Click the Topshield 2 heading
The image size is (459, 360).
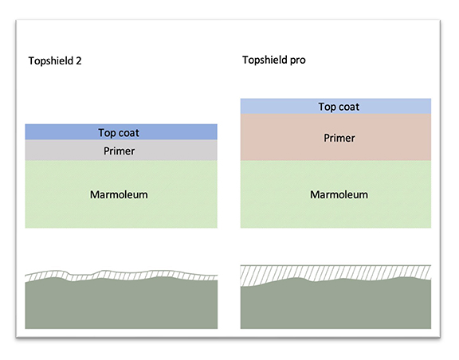pos(55,61)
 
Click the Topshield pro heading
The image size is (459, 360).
pos(274,60)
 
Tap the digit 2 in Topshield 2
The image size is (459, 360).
pos(79,61)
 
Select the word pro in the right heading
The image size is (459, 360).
pos(298,61)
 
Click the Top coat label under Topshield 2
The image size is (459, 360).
pos(119,133)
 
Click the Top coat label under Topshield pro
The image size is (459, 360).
pos(339,107)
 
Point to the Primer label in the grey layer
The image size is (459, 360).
pos(120,151)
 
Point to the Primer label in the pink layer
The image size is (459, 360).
pos(339,138)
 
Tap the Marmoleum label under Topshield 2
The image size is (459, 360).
pos(119,194)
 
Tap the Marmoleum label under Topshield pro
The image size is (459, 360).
pos(339,194)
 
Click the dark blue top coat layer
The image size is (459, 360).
pos(121,132)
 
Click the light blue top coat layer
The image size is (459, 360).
pos(335,106)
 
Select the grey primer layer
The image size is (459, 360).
pos(121,151)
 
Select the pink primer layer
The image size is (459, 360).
pos(335,137)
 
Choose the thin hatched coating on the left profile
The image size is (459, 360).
pos(121,276)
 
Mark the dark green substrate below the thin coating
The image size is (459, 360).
pos(121,304)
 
